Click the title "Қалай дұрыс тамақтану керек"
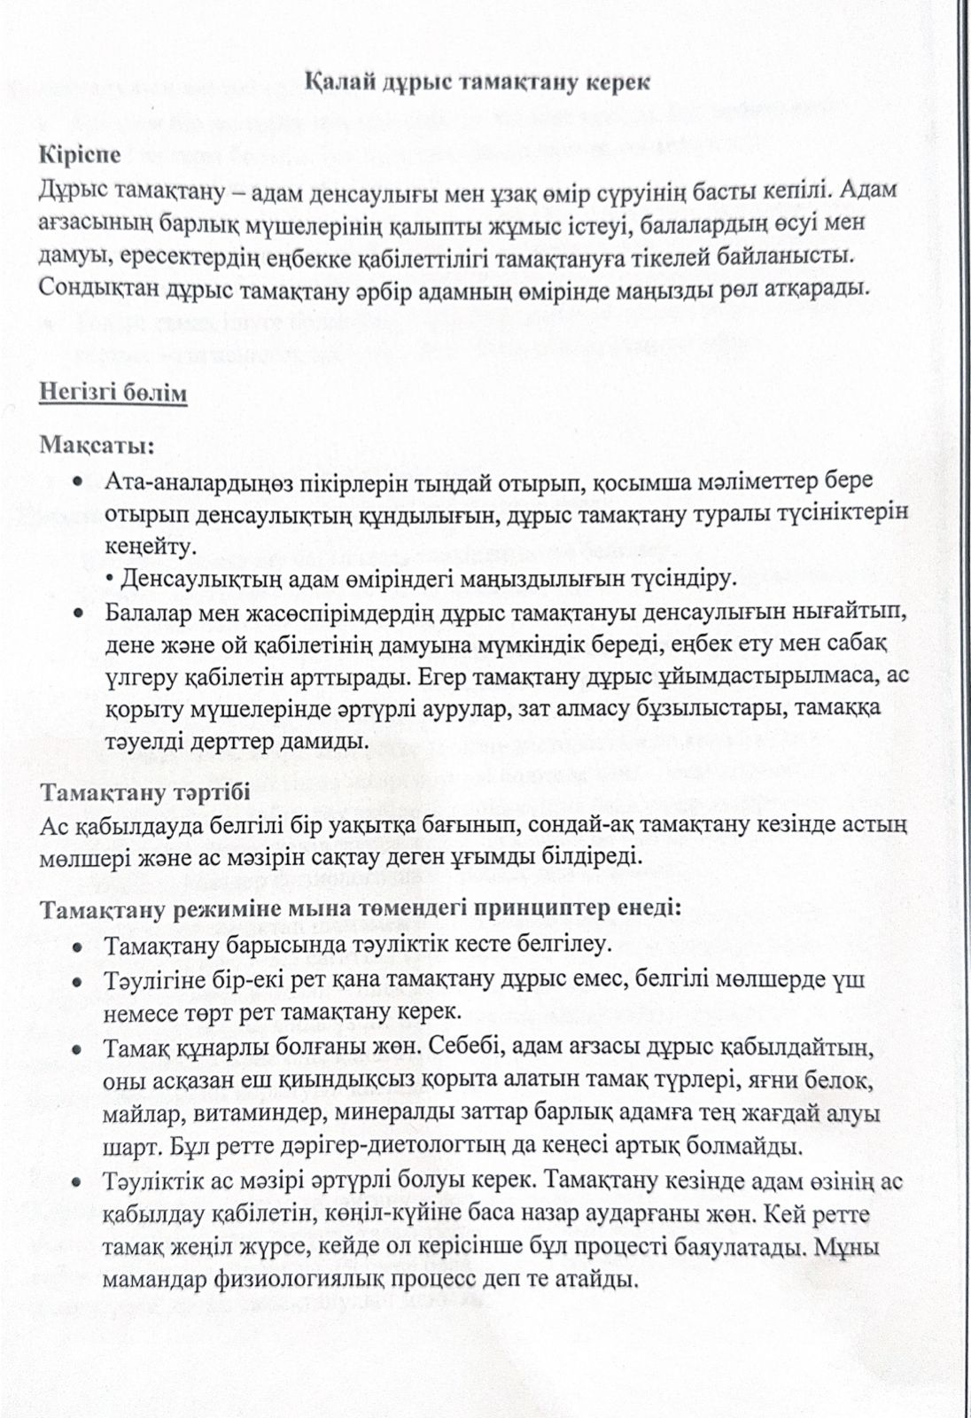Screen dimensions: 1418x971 pos(478,82)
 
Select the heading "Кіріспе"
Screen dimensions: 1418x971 pos(80,153)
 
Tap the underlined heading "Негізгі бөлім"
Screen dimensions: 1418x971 pos(113,393)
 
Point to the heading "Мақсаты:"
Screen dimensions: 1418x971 pos(97,444)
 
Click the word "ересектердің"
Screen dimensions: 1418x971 pos(169,256)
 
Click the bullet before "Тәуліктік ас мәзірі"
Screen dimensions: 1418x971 pos(79,1182)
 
